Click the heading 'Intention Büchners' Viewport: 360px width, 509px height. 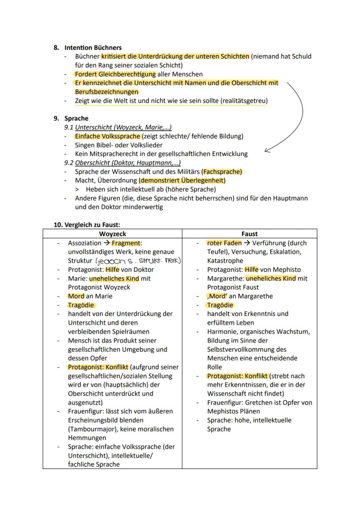(x=93, y=47)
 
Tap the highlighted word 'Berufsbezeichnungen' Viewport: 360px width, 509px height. (x=107, y=92)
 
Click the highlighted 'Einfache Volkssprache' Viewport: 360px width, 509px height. (x=108, y=136)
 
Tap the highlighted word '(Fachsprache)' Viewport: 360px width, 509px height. (x=222, y=172)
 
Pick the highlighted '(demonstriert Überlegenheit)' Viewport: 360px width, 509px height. (x=182, y=180)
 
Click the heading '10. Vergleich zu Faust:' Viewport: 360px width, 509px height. (x=87, y=225)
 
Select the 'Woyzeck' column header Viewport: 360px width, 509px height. (x=113, y=234)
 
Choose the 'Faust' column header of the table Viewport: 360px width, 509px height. (x=250, y=234)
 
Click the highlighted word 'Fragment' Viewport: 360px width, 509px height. (x=126, y=243)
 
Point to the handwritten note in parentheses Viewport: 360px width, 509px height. (x=137, y=261)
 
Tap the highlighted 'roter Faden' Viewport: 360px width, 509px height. (x=224, y=243)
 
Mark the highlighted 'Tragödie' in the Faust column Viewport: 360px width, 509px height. (x=220, y=305)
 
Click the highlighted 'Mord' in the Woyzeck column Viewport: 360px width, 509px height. (x=76, y=296)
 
